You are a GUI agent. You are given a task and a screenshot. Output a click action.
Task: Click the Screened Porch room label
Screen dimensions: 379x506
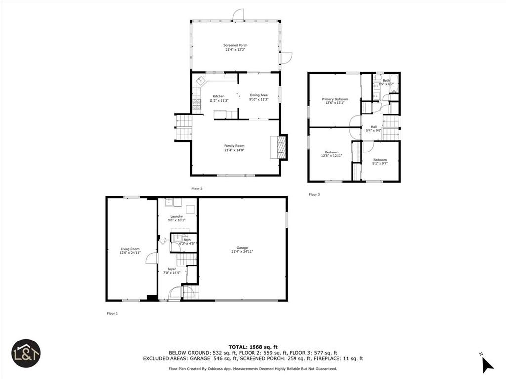coord(235,45)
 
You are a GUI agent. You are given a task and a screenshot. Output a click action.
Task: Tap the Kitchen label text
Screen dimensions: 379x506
coord(218,96)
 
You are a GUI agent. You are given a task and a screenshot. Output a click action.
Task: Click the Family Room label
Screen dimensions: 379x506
coord(234,146)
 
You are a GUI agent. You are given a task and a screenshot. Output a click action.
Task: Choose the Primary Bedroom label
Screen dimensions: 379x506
coord(335,99)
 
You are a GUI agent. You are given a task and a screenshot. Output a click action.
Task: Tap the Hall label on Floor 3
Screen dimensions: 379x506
coord(373,127)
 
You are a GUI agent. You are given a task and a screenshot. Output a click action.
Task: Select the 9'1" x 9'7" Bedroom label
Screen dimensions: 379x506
coord(379,160)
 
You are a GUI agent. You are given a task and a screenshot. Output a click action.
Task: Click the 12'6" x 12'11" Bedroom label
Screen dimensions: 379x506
coord(331,152)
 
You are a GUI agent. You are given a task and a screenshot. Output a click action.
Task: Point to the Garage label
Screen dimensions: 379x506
coord(242,248)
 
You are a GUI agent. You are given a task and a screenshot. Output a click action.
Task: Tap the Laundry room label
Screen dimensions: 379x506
coord(176,216)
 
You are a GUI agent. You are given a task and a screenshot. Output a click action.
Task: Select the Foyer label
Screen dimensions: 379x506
coord(171,269)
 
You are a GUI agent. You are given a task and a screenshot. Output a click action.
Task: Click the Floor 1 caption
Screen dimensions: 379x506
coord(112,313)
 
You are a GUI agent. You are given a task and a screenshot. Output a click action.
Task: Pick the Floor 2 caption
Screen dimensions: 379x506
coord(197,189)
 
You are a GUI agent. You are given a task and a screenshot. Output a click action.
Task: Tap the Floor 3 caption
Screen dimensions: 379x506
coord(314,195)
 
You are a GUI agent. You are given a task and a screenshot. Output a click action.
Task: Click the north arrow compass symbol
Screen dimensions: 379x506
coord(487,364)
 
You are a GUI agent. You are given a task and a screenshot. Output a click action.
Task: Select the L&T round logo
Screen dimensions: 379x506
coord(26,353)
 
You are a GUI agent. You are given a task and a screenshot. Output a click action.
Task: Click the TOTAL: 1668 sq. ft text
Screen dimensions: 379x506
coord(253,347)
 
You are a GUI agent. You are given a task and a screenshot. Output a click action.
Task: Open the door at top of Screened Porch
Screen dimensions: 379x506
coord(238,16)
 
